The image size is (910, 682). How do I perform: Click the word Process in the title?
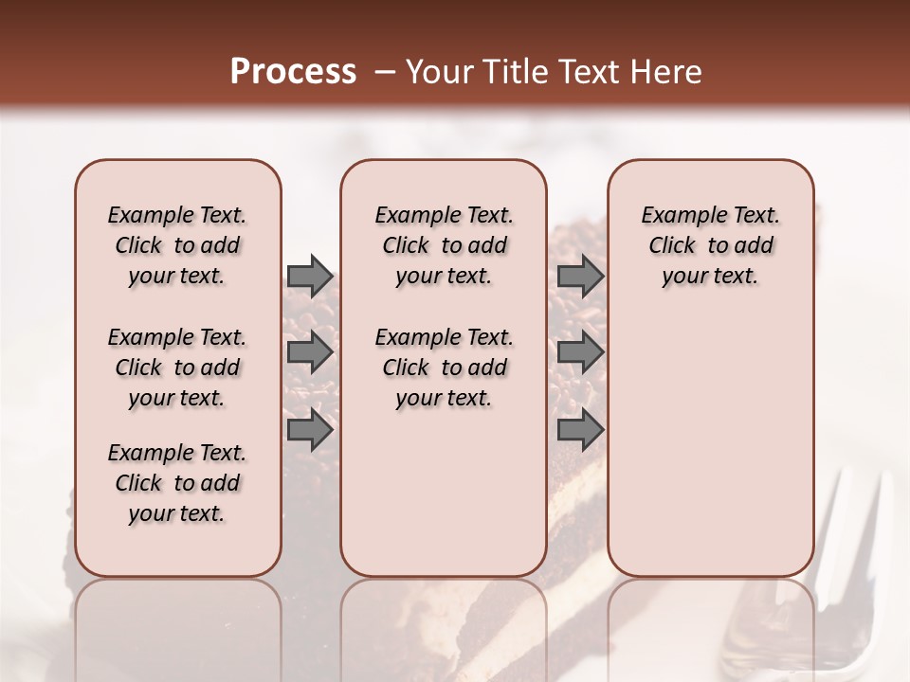click(x=293, y=72)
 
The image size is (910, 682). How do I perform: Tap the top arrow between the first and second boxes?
click(x=310, y=276)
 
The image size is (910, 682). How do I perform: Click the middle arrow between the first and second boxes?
click(x=310, y=352)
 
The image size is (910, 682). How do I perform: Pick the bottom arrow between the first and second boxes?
click(x=310, y=430)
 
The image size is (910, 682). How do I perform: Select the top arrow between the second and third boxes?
click(x=580, y=276)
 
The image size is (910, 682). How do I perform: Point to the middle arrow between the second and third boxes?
click(x=580, y=352)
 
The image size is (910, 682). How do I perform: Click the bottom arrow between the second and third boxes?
click(x=580, y=430)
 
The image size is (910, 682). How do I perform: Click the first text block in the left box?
click(x=177, y=245)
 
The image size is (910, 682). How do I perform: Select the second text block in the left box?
click(x=177, y=368)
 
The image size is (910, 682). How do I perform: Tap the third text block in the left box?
click(x=177, y=483)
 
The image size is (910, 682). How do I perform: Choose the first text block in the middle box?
click(x=444, y=245)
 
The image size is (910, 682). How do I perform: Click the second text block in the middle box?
click(x=444, y=368)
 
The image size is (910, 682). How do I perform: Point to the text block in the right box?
click(x=710, y=245)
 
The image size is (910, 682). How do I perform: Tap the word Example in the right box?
click(x=678, y=215)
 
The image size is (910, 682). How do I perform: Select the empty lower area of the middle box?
click(x=444, y=493)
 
